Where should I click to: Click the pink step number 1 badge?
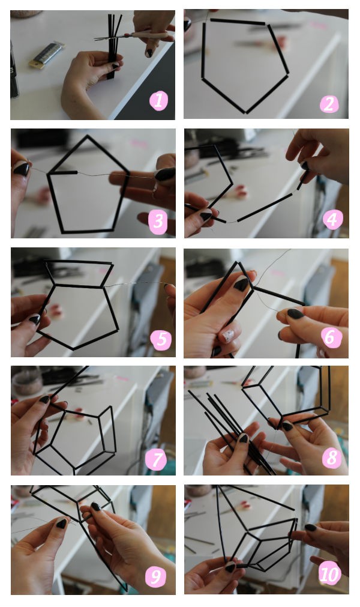[x=158, y=101]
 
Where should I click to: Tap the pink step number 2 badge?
[x=329, y=104]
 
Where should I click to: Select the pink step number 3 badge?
[x=158, y=222]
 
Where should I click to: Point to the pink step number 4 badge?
[x=332, y=220]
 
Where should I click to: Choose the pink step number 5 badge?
[x=161, y=339]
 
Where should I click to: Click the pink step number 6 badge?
[x=331, y=337]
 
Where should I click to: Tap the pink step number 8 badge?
[x=332, y=458]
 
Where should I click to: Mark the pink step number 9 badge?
[x=155, y=577]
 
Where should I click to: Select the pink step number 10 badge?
[x=329, y=575]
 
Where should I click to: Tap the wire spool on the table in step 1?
[x=46, y=55]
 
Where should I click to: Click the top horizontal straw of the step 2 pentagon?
[x=238, y=22]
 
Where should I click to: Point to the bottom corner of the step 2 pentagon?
[x=246, y=113]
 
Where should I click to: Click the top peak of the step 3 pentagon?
[x=88, y=136]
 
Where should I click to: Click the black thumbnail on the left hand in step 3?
[x=21, y=169]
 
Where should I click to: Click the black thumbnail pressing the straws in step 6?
[x=241, y=285]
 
